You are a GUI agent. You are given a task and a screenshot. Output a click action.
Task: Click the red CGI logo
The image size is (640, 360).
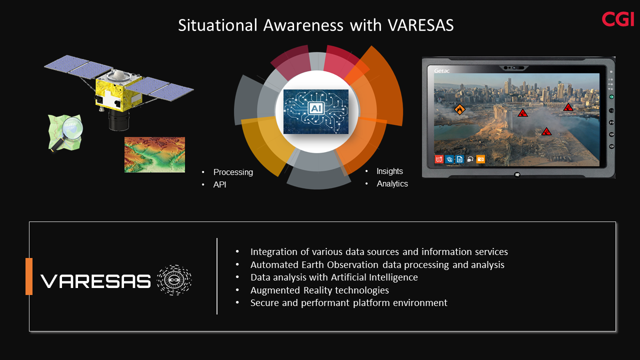pyautogui.click(x=617, y=19)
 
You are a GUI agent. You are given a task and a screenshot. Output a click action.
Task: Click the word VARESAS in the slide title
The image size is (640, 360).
pyautogui.click(x=420, y=25)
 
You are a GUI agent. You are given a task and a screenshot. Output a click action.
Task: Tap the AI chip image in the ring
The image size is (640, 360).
pyautogui.click(x=315, y=111)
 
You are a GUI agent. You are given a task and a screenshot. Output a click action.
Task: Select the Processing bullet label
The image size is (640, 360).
pyautogui.click(x=233, y=172)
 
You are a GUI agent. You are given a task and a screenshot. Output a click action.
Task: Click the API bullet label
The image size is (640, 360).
pyautogui.click(x=219, y=184)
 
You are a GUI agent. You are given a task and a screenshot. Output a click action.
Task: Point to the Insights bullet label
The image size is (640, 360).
pyautogui.click(x=389, y=171)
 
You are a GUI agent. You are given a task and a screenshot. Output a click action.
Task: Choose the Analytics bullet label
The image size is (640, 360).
pyautogui.click(x=392, y=183)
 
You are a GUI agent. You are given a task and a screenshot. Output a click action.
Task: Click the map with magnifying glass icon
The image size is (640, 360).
pyautogui.click(x=65, y=132)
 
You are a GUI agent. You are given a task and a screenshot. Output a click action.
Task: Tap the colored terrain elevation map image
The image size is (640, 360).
pyautogui.click(x=154, y=154)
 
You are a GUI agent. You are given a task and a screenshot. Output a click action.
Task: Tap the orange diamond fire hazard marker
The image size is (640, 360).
pyautogui.click(x=459, y=109)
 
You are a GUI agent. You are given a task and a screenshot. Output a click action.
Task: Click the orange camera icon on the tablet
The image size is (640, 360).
pyautogui.click(x=480, y=159)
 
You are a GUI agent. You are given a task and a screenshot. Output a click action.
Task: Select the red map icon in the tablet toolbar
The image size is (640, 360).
pyautogui.click(x=439, y=159)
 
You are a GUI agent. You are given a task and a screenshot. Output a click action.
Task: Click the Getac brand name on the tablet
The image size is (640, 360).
pyautogui.click(x=441, y=70)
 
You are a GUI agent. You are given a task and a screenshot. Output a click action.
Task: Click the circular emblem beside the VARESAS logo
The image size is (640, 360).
pyautogui.click(x=174, y=280)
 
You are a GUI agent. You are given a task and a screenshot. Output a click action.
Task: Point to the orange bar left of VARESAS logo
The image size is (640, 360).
pyautogui.click(x=29, y=276)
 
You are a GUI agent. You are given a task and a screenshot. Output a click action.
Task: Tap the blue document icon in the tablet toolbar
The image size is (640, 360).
pyautogui.click(x=459, y=159)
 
